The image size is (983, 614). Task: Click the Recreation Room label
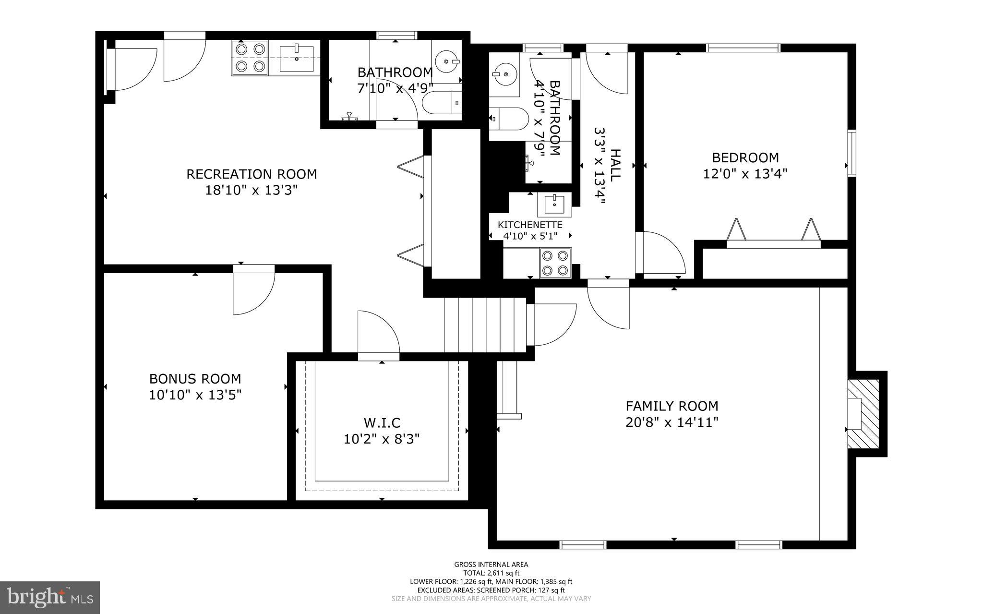coord(252,174)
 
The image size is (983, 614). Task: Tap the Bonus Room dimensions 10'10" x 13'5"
coord(195,395)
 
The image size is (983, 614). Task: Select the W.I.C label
coord(382,423)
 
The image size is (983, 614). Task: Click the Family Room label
coord(671,406)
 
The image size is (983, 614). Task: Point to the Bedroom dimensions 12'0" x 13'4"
coord(745,174)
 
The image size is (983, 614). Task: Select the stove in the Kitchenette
coord(555,263)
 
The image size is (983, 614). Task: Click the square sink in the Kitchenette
coord(554,205)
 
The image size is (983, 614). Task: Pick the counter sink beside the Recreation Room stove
coord(297,58)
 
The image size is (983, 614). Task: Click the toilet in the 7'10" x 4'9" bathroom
coord(441,103)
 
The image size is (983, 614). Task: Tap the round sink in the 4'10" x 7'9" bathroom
coord(503,75)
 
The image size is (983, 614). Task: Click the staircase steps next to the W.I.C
coord(485,325)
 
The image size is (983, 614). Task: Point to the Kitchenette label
coord(530,225)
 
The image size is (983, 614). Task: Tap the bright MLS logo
coord(50,597)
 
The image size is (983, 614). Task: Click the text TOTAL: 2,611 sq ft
coord(491,573)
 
